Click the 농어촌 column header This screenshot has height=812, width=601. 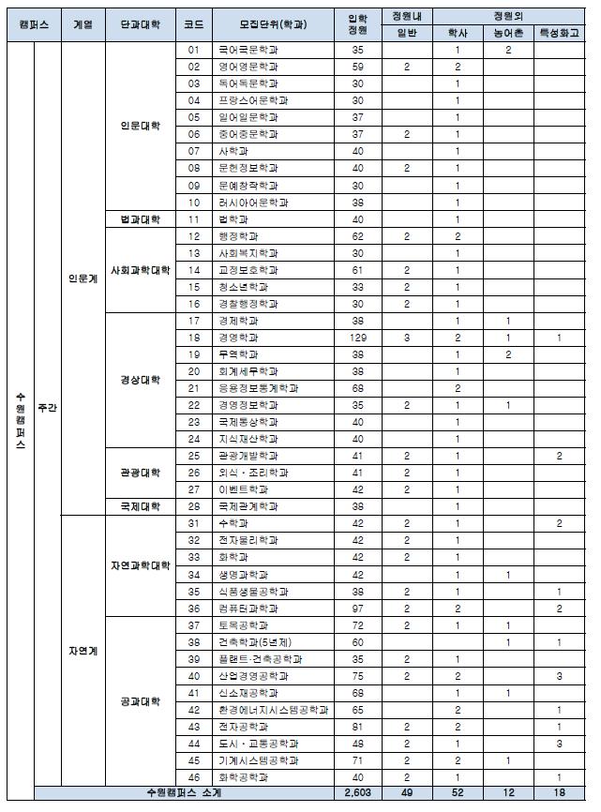click(507, 32)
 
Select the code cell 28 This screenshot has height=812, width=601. click(194, 506)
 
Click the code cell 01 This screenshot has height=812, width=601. click(194, 50)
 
